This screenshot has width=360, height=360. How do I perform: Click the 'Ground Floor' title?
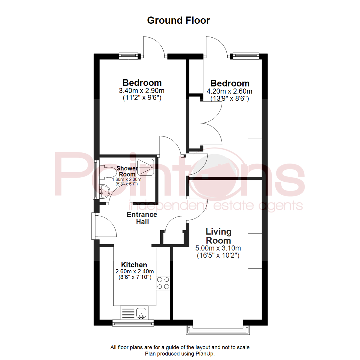coord(178,20)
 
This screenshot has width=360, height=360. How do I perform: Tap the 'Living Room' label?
coord(218,236)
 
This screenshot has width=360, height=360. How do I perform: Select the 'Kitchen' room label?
coord(134,265)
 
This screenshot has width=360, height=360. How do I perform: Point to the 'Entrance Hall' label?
coord(142,218)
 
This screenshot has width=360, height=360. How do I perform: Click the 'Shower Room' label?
coord(126,171)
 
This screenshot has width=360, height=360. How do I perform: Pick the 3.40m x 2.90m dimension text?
coord(142,91)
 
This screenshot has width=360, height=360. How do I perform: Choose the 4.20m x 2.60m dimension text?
coord(230,91)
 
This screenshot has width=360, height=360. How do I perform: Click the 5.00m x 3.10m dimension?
coord(218,248)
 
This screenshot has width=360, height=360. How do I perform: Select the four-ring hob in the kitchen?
coord(163,283)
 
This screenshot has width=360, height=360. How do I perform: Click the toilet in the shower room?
coord(109,171)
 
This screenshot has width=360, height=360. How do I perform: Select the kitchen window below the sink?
coord(133,322)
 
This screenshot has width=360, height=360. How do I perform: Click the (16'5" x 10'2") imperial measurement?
coord(218,255)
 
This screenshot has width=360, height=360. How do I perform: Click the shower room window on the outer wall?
coord(95,180)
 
